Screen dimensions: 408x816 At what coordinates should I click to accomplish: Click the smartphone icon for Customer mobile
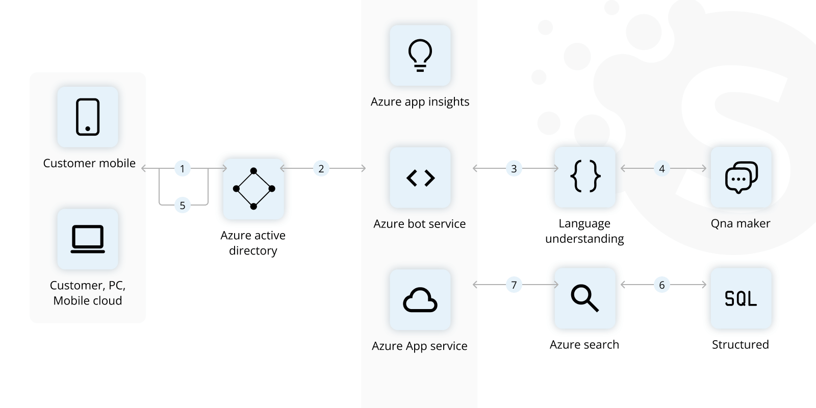point(88,117)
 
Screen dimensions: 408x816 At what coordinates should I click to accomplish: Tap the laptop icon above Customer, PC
point(88,239)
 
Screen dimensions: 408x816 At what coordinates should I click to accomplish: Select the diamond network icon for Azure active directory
point(253,189)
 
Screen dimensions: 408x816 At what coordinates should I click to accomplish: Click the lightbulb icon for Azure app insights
point(420,55)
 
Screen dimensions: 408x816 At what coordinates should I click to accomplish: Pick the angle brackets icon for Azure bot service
point(420,178)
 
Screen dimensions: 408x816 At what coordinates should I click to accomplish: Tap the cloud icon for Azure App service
point(420,300)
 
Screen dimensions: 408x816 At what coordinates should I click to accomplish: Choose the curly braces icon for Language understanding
point(585,176)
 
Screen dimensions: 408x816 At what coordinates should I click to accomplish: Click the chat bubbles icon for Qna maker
point(741,177)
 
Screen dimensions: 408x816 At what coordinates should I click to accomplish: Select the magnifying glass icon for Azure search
point(585,298)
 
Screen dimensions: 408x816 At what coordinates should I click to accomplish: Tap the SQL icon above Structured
point(741,298)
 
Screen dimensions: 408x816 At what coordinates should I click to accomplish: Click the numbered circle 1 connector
point(182,169)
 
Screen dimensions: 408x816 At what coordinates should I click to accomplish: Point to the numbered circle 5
point(182,206)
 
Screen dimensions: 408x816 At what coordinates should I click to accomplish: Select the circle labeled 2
point(321,169)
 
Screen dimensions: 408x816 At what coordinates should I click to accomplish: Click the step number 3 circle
point(514,169)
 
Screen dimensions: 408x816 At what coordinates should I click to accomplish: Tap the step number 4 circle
point(661,169)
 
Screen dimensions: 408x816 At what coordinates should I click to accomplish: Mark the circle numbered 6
point(661,285)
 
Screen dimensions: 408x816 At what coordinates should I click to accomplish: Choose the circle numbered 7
point(514,285)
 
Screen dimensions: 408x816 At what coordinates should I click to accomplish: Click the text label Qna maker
point(740,223)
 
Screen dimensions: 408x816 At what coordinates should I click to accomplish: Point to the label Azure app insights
point(420,102)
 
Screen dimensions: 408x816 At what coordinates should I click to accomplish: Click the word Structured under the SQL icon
point(740,345)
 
